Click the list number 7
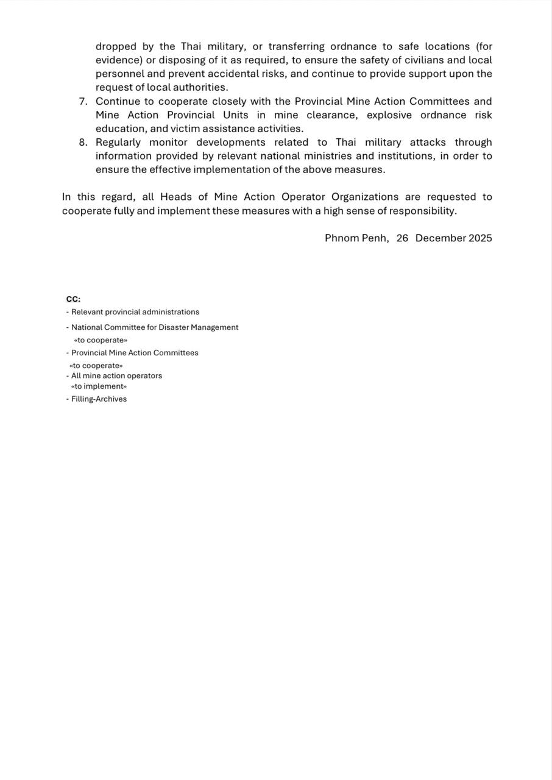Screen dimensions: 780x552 pos(83,101)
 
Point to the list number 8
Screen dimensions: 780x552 pos(83,142)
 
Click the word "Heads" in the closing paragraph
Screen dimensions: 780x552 pos(176,197)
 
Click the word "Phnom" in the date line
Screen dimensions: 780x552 pos(342,238)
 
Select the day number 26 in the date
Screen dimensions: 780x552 pos(402,238)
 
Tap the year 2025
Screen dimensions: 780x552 pos(480,238)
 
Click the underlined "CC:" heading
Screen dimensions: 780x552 pos(73,299)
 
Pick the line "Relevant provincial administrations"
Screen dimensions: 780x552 pos(135,312)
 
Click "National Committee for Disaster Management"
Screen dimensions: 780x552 pos(155,327)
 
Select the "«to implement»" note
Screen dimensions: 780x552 pos(99,386)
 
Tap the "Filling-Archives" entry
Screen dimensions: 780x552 pos(99,399)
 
